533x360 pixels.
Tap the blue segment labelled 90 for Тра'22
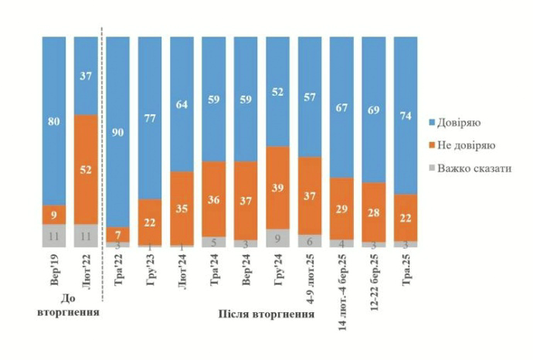118,131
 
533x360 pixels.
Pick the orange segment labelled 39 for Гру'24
277,187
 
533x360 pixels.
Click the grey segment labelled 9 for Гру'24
277,238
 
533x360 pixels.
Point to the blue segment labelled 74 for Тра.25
405,115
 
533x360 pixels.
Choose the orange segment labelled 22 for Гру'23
150,222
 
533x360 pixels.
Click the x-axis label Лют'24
182,270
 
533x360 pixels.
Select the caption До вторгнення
70,306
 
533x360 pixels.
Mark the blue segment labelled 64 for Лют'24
182,104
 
